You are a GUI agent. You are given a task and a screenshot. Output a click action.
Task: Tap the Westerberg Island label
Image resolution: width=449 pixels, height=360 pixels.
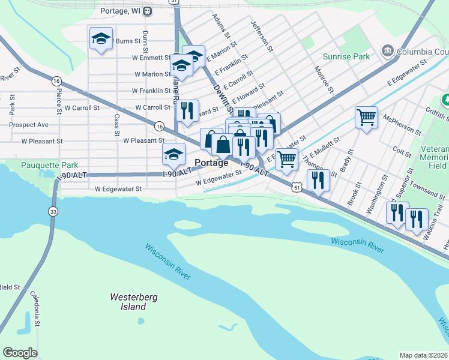[x=128, y=302]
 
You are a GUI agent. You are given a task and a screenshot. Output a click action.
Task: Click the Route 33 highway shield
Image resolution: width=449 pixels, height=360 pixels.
[x=53, y=211]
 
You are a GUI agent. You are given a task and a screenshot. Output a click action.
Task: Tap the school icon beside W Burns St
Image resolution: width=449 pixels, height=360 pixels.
[x=101, y=40]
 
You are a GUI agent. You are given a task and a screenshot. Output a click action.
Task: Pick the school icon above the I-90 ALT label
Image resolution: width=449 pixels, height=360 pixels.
[x=173, y=155]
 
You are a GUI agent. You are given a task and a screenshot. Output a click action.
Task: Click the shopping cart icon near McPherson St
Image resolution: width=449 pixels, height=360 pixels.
[x=366, y=117]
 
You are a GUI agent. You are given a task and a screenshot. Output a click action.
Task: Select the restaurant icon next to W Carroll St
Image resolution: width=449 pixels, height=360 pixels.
[x=187, y=110]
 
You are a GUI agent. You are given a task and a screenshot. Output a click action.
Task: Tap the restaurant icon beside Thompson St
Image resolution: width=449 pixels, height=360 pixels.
[x=318, y=180]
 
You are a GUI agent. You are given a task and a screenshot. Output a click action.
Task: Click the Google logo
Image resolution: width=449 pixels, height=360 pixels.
[x=20, y=353]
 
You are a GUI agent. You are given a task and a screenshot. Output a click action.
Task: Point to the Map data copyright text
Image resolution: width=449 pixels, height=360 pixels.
[x=424, y=355]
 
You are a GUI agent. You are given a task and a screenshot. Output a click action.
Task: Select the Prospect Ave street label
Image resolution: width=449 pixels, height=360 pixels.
[x=28, y=125]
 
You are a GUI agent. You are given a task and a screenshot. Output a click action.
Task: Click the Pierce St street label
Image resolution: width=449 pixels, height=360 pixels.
[x=59, y=103]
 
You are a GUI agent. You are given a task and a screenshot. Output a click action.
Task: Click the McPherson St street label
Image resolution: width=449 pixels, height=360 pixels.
[x=402, y=127]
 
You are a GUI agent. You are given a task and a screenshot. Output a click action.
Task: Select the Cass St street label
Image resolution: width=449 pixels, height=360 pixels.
[x=116, y=125]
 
